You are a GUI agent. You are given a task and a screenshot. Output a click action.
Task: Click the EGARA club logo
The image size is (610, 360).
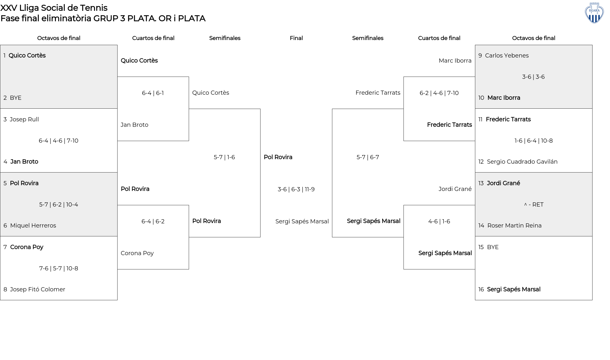594,13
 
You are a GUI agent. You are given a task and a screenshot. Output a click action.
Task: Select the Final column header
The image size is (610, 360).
296,38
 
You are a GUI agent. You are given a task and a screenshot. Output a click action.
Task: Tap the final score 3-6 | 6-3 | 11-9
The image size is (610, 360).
296,189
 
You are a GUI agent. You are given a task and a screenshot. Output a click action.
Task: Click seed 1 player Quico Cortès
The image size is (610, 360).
27,56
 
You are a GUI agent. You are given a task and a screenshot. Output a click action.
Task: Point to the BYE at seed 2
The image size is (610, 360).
16,98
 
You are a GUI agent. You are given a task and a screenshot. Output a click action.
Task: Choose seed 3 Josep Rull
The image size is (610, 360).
24,119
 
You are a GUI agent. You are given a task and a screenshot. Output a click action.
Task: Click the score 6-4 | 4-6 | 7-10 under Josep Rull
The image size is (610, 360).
58,141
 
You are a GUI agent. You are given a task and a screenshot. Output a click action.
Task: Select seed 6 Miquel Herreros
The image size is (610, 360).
33,226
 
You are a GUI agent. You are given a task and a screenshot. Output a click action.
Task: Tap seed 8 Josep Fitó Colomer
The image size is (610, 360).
37,289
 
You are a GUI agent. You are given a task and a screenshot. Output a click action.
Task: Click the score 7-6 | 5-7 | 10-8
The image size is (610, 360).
58,268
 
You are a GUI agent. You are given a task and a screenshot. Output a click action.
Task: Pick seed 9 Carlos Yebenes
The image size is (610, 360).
507,56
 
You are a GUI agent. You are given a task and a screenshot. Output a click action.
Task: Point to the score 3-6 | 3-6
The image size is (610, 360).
533,77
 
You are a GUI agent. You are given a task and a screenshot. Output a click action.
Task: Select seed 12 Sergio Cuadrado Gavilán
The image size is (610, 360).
522,162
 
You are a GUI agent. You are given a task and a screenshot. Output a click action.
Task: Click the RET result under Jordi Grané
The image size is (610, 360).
534,205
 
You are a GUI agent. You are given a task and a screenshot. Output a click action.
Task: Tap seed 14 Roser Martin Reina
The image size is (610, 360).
514,226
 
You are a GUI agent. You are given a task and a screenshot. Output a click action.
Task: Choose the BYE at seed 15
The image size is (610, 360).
493,247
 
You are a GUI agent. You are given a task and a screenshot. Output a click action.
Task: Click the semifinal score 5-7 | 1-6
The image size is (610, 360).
224,157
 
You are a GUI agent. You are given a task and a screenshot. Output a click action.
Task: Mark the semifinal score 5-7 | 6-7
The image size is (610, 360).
368,157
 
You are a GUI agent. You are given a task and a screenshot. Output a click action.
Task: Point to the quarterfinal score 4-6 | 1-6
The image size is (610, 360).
439,221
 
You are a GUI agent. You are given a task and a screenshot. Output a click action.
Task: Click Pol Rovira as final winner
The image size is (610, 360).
278,157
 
